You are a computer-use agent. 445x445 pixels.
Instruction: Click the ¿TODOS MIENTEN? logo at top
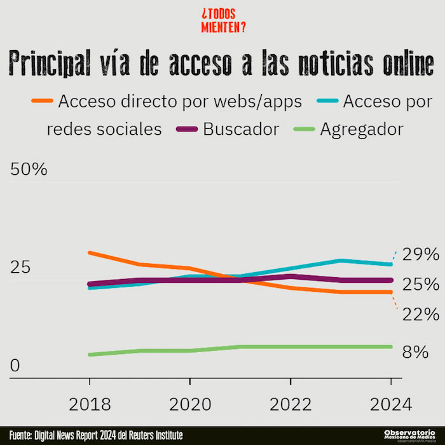[x=223, y=20]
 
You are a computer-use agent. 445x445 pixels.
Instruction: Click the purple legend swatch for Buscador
[x=184, y=129]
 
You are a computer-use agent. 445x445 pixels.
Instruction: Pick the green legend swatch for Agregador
[x=303, y=129]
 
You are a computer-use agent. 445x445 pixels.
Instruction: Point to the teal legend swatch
[x=325, y=100]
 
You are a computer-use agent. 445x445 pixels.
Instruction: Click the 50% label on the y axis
[x=28, y=170]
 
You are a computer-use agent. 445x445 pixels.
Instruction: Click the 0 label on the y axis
[x=15, y=366]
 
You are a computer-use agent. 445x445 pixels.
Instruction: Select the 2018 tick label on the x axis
[x=89, y=404]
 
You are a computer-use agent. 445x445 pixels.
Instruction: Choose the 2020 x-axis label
[x=189, y=404]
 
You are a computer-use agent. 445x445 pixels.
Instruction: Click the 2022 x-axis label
[x=291, y=404]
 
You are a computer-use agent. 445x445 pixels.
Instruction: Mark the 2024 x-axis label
[x=390, y=404]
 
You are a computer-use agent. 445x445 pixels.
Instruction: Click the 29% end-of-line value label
[x=421, y=255]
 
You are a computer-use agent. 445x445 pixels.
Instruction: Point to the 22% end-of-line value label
[x=421, y=314]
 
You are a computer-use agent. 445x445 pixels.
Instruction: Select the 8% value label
[x=415, y=352]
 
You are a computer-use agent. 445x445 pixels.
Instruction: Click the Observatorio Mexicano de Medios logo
[x=414, y=435]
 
